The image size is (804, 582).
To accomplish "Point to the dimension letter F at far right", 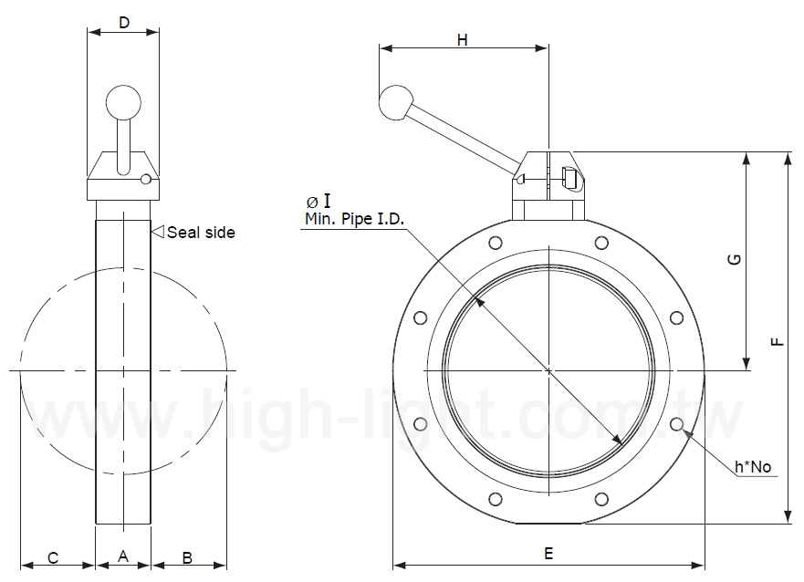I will tap(776, 341).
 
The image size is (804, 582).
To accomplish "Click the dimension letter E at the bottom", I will tap(548, 553).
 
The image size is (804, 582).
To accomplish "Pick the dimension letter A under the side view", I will tap(122, 557).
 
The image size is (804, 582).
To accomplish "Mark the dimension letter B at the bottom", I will tap(187, 557).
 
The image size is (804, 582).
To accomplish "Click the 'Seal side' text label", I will tap(200, 233).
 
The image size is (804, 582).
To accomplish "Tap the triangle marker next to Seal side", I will tap(157, 232).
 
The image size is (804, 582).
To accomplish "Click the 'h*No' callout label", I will tap(753, 467).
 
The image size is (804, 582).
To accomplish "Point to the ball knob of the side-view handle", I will tap(123, 101).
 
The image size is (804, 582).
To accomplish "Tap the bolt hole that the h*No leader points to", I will tap(676, 424).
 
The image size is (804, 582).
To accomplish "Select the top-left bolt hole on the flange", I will tap(496, 243).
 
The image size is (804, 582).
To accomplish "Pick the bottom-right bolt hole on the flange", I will tap(601, 499).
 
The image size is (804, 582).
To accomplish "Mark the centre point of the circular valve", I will tap(548, 370).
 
